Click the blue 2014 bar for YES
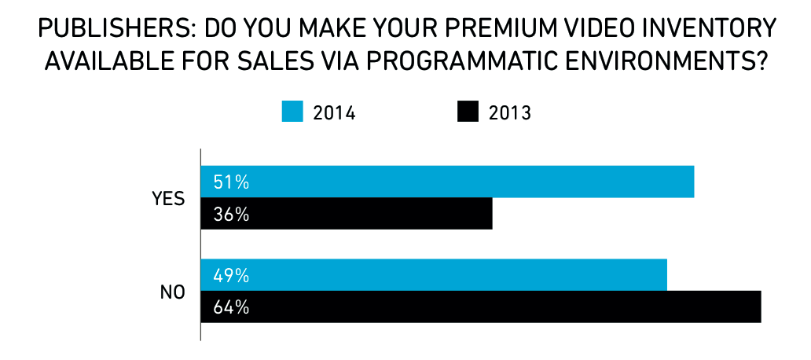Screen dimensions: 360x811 tap(447, 182)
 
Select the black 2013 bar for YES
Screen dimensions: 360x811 tap(347, 214)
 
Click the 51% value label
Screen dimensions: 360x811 tap(231, 182)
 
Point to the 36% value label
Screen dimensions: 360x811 tap(231, 214)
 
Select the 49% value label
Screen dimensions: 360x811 tap(231, 276)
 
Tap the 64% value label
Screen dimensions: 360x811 tap(231, 307)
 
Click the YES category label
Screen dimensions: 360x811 tap(168, 198)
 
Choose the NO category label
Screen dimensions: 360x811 tap(172, 292)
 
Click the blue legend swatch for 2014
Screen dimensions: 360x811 tap(292, 112)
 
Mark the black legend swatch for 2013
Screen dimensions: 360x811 tap(468, 112)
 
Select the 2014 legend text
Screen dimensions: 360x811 tap(335, 113)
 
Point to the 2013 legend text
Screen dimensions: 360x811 tap(510, 113)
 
